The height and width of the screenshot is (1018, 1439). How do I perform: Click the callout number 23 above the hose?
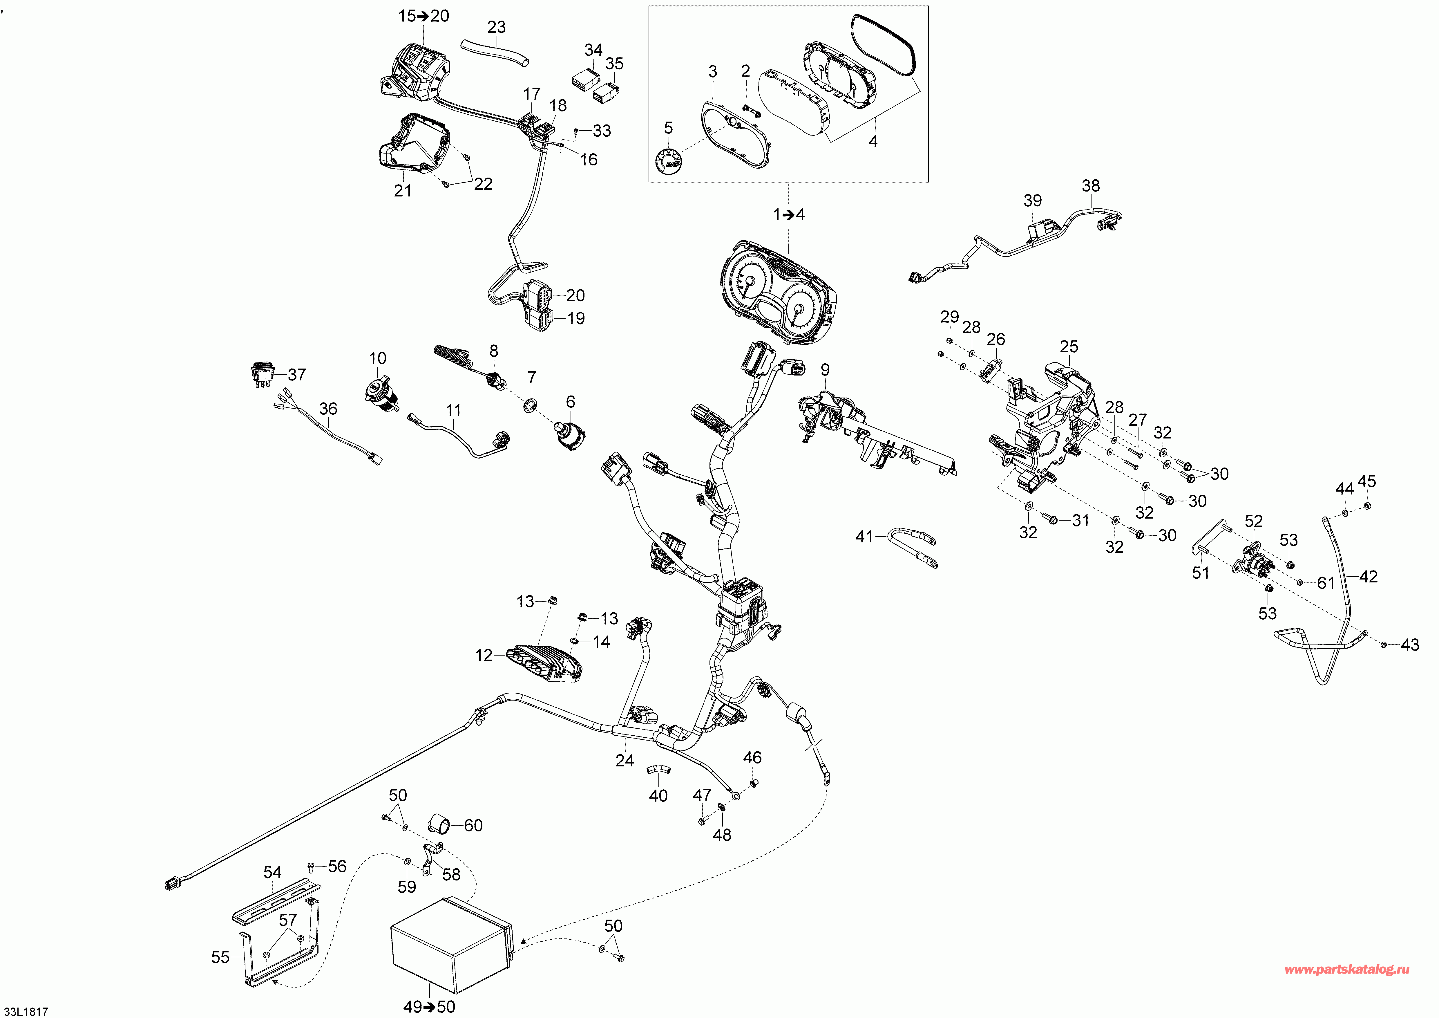[496, 27]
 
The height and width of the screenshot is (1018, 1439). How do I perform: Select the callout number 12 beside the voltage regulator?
[484, 656]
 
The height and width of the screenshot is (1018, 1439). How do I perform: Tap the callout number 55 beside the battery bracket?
[221, 957]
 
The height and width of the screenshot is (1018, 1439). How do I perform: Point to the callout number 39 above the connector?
[1032, 201]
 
